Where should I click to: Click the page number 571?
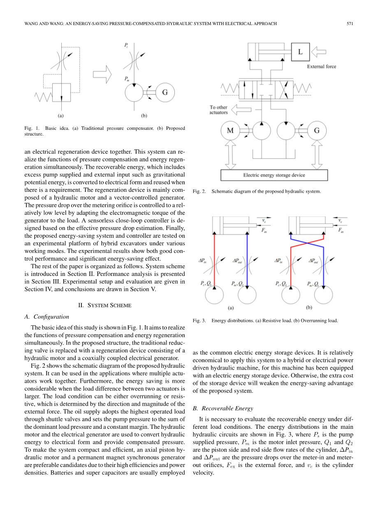point(350,24)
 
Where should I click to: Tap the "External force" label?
point(322,66)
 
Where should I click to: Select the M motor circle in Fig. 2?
point(230,131)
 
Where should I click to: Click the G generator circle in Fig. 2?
point(317,131)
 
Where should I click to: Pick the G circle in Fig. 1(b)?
point(164,92)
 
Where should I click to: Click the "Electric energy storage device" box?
point(274,175)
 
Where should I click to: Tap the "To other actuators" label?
point(219,110)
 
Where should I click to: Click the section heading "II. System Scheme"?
point(104,305)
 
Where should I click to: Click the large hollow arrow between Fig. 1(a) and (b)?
point(102,74)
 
